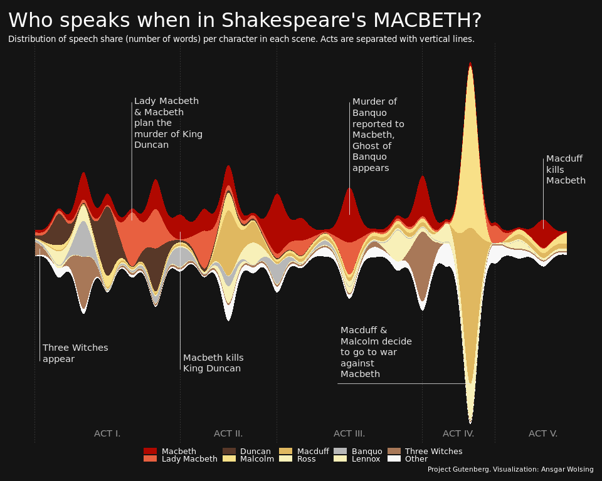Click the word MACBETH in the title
pyautogui.click(x=427, y=21)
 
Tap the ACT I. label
pyautogui.click(x=107, y=433)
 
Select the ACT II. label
pyautogui.click(x=228, y=433)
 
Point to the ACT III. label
pyautogui.click(x=349, y=433)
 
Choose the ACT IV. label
pyautogui.click(x=458, y=433)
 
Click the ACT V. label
pyautogui.click(x=543, y=433)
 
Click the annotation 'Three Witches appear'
pyautogui.click(x=75, y=353)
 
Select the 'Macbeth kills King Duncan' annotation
pyautogui.click(x=213, y=363)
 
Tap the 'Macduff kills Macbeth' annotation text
pyautogui.click(x=566, y=170)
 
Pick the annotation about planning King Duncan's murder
pyautogui.click(x=168, y=123)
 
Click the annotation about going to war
pyautogui.click(x=376, y=352)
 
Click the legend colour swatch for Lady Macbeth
pyautogui.click(x=150, y=459)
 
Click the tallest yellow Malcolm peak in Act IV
pyautogui.click(x=470, y=144)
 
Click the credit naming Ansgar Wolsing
pyautogui.click(x=510, y=470)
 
